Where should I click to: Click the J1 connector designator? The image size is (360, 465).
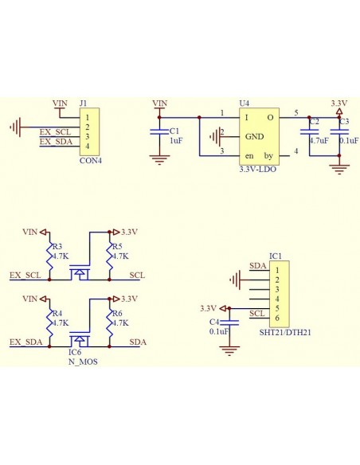pos(84,104)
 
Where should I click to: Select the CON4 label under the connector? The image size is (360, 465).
pos(91,159)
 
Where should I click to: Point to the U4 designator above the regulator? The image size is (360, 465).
pos(244,104)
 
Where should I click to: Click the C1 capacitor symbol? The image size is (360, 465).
pos(160,132)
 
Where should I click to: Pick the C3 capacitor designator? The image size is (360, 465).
pos(343,122)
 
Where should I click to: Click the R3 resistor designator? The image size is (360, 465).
pos(57,247)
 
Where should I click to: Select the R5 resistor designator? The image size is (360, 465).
pos(117,247)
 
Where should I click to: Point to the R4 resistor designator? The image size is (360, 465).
pos(57,314)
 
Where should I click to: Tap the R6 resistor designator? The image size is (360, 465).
pos(117,314)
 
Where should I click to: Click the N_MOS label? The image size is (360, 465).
pos(84,360)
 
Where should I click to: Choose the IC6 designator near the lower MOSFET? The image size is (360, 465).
pos(75,350)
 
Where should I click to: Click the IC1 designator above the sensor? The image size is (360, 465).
pos(275,256)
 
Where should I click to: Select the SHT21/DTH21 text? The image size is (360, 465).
pos(285,331)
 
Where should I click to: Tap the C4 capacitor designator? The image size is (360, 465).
pos(213,321)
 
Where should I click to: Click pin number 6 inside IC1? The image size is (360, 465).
pos(276,318)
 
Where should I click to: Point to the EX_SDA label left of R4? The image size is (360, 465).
pos(25,342)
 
